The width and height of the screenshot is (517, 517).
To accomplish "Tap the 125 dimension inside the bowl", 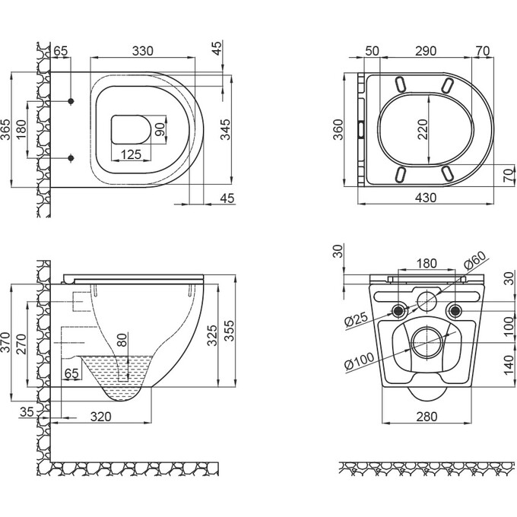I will tap(131, 155).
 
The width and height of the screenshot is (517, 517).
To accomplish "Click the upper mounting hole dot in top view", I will tap(71, 101).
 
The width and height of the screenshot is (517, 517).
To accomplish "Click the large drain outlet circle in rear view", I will tap(425, 342).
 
